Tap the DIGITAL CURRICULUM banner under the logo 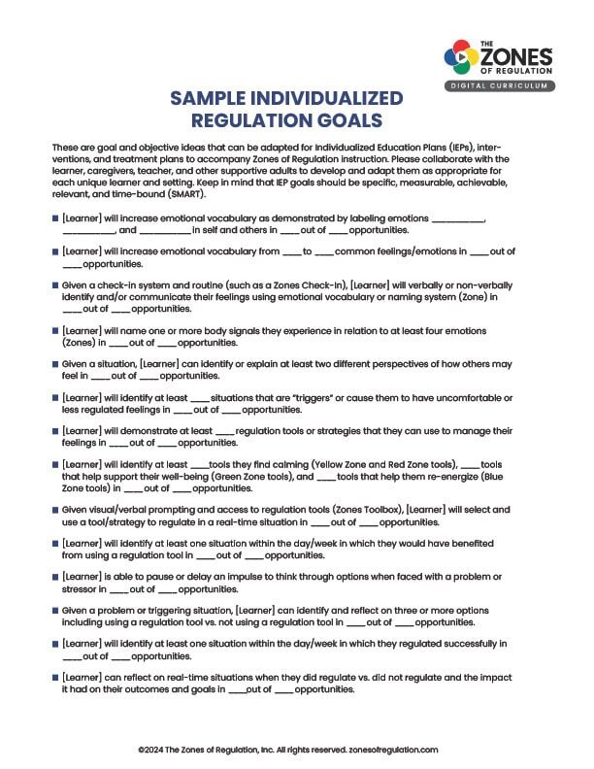pyautogui.click(x=501, y=86)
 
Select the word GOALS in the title pyautogui.click(x=344, y=120)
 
